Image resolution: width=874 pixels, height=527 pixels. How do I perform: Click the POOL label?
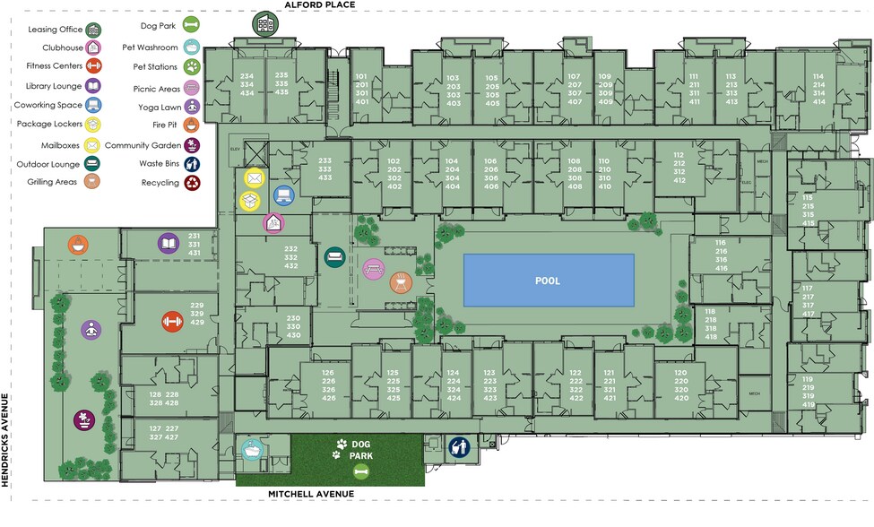tap(548, 281)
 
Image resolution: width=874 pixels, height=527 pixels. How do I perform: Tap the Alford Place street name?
tap(320, 5)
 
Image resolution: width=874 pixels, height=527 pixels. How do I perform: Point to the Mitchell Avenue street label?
tap(311, 494)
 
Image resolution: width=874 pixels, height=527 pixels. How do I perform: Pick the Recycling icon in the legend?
tap(194, 183)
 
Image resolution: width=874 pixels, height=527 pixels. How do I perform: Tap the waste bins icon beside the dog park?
tap(459, 445)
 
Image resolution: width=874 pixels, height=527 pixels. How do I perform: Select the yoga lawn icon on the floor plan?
tap(91, 330)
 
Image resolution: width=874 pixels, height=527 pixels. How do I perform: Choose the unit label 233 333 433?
tap(325, 169)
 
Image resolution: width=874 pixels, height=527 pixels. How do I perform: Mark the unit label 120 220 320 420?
tap(680, 384)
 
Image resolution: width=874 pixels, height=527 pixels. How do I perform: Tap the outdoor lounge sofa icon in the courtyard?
tap(334, 258)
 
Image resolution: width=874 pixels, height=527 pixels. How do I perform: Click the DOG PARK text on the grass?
tap(362, 449)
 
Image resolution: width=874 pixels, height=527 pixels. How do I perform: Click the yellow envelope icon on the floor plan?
tap(254, 178)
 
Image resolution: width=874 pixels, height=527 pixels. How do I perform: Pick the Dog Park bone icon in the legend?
tap(194, 26)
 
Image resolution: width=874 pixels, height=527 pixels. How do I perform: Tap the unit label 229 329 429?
tap(198, 315)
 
